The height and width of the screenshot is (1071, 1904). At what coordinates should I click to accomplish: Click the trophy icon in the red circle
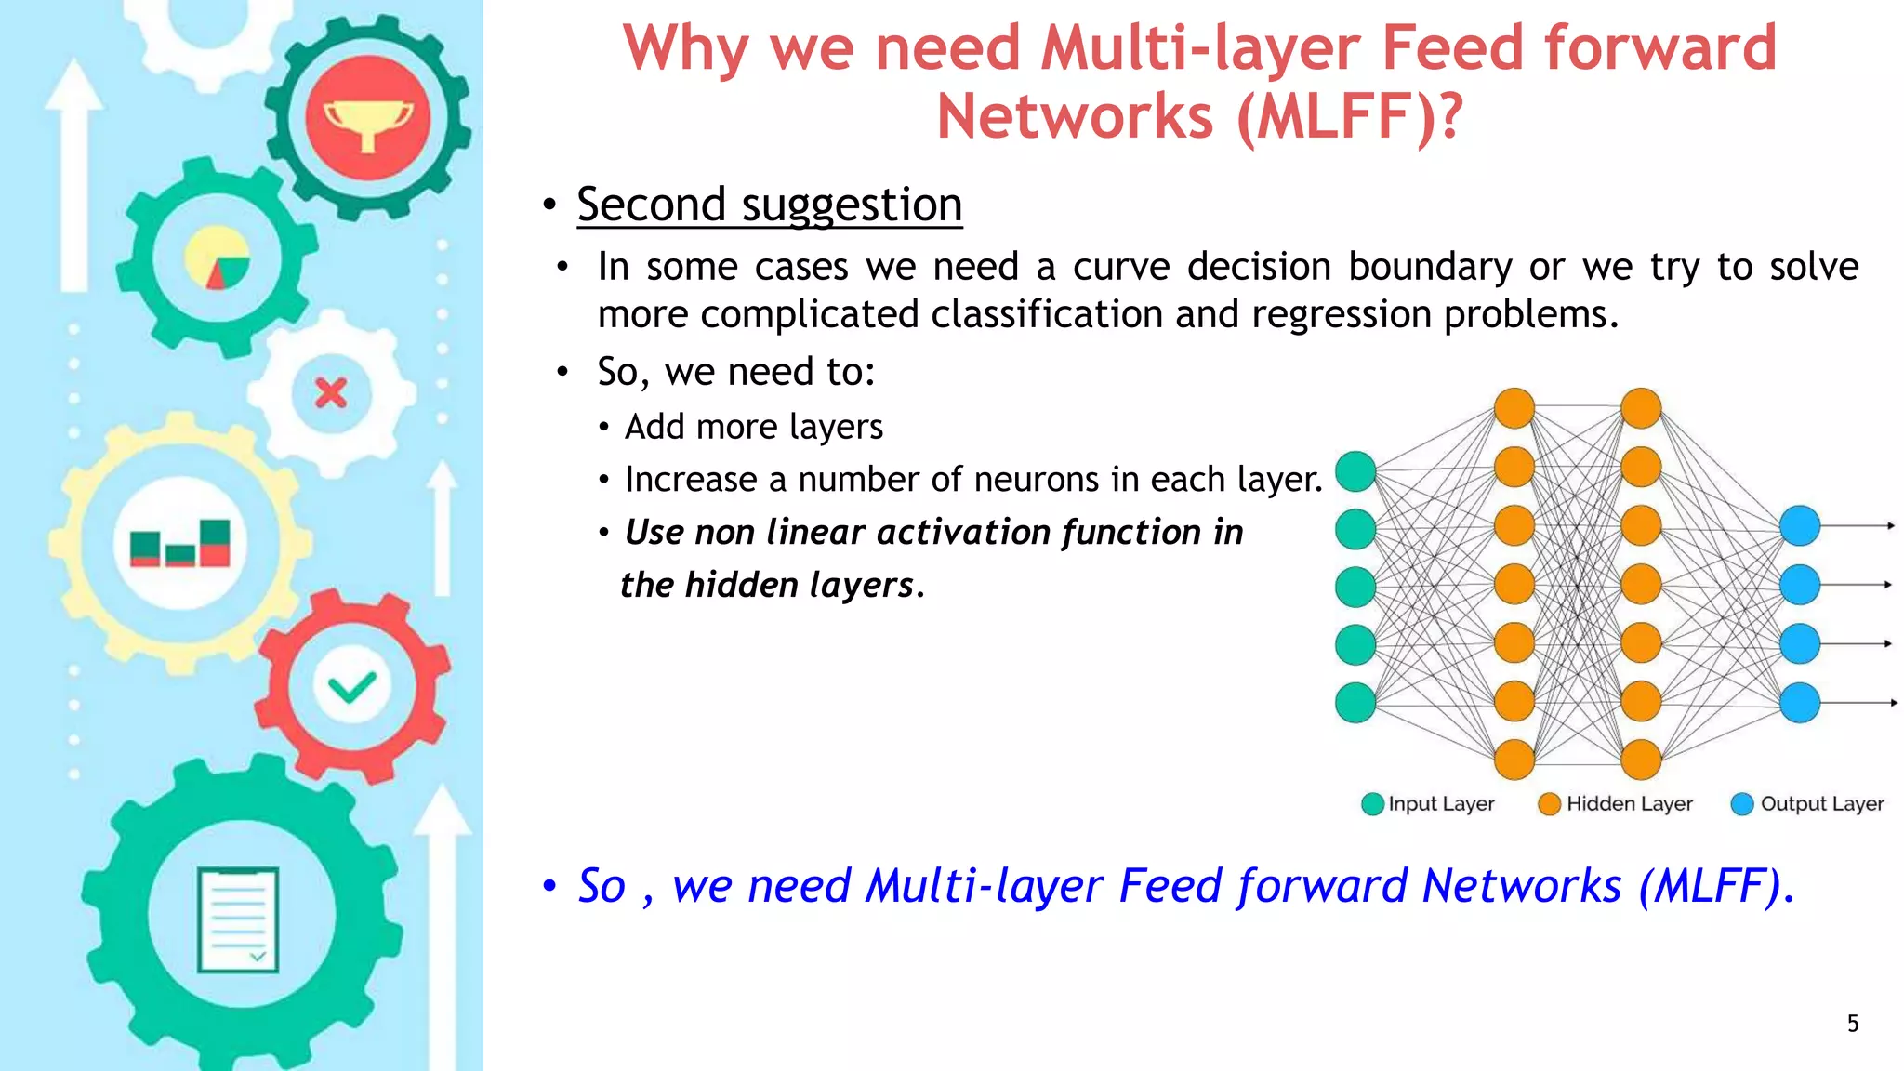[x=368, y=121]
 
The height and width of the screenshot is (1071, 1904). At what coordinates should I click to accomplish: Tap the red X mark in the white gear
[x=330, y=393]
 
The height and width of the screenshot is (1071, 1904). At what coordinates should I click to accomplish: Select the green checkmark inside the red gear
[x=351, y=688]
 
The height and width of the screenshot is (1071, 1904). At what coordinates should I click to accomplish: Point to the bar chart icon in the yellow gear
[x=180, y=543]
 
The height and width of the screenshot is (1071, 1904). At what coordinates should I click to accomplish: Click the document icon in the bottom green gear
[x=238, y=919]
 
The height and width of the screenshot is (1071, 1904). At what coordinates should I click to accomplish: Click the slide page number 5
[x=1852, y=1024]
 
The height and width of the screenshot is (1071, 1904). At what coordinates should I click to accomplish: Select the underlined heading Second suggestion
[x=769, y=204]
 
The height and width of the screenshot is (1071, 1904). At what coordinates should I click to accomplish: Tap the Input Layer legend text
[x=1441, y=804]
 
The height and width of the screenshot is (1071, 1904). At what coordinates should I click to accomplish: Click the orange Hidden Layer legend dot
[x=1549, y=804]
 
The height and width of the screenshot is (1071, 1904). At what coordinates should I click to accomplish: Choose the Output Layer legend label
[x=1821, y=804]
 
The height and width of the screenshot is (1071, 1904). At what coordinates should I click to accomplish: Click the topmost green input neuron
[x=1355, y=471]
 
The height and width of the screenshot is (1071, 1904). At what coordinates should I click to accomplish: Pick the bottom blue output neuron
[x=1800, y=703]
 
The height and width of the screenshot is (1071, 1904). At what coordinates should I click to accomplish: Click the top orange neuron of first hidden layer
[x=1514, y=408]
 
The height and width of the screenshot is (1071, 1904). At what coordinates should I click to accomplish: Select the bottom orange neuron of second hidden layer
[x=1641, y=760]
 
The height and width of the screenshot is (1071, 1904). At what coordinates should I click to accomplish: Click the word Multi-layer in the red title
[x=1201, y=47]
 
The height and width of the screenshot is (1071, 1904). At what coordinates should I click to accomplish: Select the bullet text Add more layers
[x=753, y=427]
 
